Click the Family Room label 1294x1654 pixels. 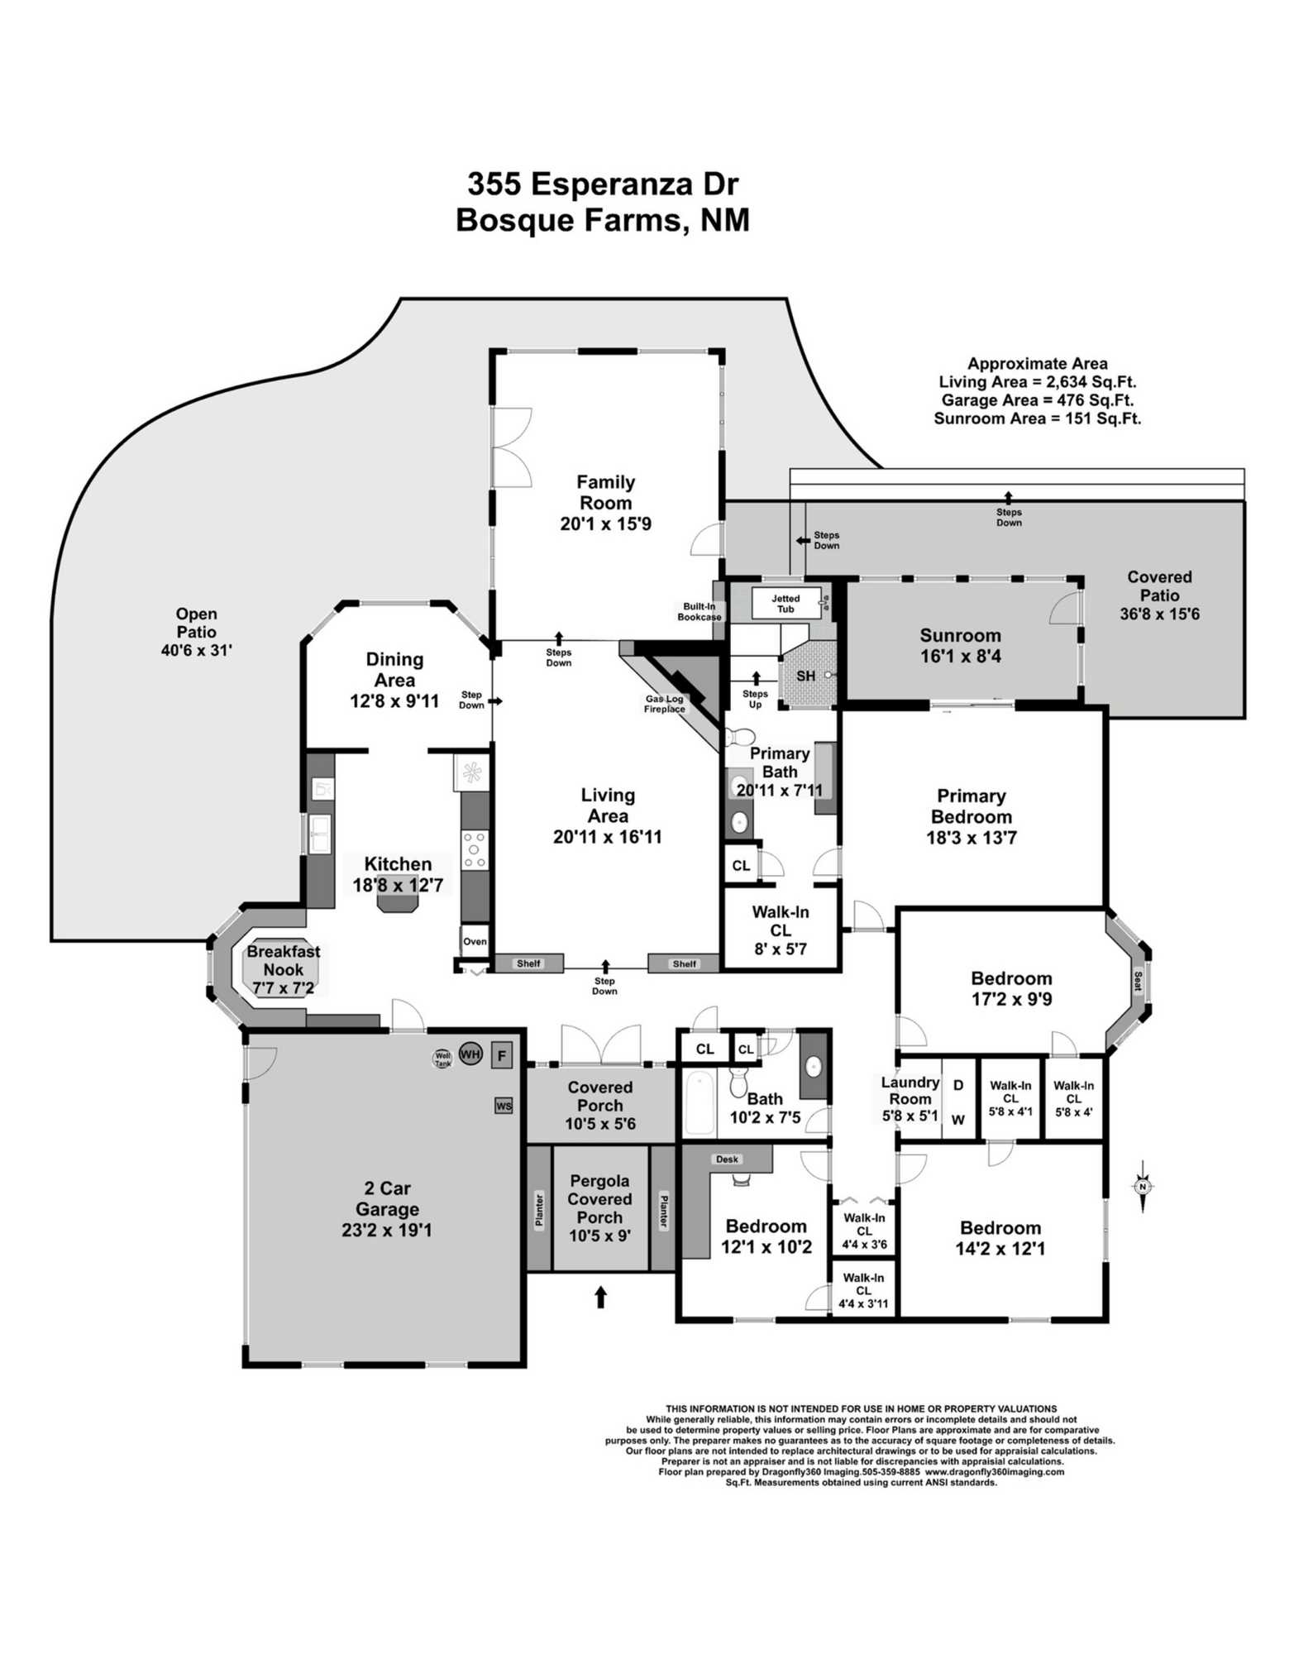pos(605,492)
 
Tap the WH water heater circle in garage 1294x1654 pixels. pos(470,1054)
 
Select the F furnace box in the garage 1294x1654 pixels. pos(501,1056)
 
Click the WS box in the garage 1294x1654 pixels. pos(504,1106)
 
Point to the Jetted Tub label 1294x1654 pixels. pos(785,604)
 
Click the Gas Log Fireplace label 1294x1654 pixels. pos(665,704)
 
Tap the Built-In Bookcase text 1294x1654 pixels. pos(700,612)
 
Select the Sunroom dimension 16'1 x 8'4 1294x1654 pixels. pos(960,657)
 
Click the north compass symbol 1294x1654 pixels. pos(1143,1187)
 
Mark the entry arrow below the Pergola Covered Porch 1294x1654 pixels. pos(601,1297)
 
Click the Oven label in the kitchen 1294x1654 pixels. pos(475,941)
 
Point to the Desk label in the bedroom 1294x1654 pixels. pos(727,1159)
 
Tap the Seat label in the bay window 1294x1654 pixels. pos(1138,981)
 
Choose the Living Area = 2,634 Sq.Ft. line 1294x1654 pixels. pos(1037,382)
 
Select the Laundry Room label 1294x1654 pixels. pos(910,1091)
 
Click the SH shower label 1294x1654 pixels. pos(805,676)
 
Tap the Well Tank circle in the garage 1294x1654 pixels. pos(443,1059)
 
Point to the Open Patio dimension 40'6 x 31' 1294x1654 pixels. pos(196,650)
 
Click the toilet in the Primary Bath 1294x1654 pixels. pos(742,735)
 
